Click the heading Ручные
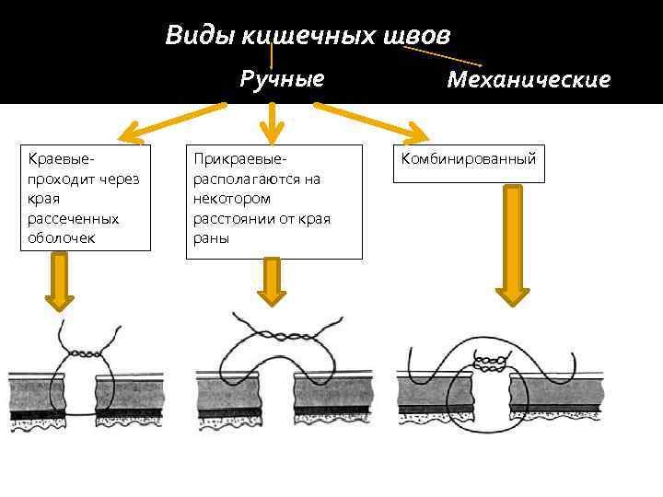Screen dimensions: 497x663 (282, 78)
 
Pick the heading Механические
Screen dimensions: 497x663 (529, 80)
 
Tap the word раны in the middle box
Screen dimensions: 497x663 (209, 238)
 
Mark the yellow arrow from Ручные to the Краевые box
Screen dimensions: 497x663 (175, 122)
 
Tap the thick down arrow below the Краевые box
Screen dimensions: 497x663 (60, 282)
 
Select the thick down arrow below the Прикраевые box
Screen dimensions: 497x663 (272, 281)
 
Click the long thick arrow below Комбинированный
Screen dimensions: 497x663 (513, 244)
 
